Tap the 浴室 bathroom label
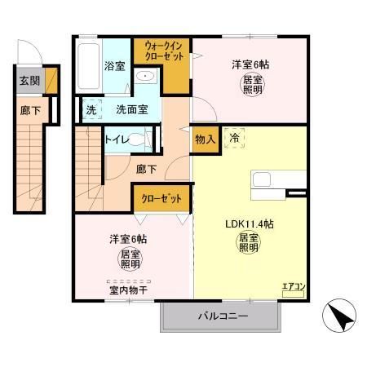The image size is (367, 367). tap(114, 66)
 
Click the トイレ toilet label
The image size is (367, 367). tap(117, 139)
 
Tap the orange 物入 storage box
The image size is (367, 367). tap(206, 139)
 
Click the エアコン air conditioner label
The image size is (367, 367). tap(293, 286)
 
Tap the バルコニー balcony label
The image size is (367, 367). tap(222, 315)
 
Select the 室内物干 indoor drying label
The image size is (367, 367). tap(126, 289)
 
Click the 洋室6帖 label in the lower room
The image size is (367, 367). tap(129, 239)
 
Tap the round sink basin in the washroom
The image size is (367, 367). tap(147, 77)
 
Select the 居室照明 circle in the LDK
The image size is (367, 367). tap(249, 243)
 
